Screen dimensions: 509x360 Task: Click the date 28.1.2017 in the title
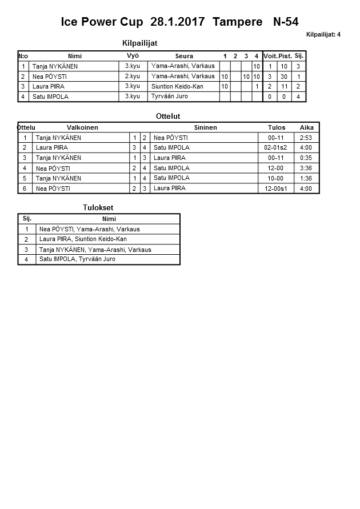tap(178, 22)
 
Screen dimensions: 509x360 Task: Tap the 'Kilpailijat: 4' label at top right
tap(323, 35)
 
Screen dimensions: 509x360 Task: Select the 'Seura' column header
tap(184, 56)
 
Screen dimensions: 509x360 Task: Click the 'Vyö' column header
tap(133, 56)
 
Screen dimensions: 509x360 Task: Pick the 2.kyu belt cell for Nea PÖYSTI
tap(133, 77)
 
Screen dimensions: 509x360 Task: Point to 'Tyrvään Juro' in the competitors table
tap(170, 97)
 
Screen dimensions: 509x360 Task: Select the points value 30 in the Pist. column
tap(284, 77)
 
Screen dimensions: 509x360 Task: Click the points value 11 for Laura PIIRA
tap(284, 87)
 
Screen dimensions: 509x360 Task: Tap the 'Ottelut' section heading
tap(168, 117)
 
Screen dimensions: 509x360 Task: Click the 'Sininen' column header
tap(206, 127)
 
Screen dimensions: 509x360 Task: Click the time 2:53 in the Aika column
tap(306, 138)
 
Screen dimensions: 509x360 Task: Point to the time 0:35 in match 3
tap(306, 158)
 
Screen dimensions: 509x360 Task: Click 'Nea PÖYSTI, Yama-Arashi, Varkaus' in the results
tap(89, 230)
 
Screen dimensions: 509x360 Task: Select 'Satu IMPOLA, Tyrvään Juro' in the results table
tap(77, 259)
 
